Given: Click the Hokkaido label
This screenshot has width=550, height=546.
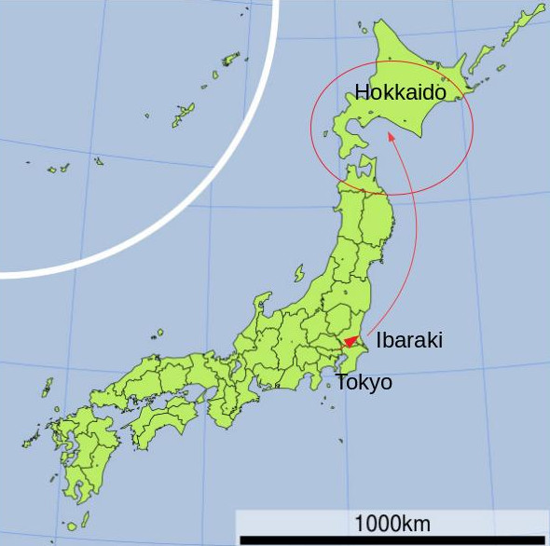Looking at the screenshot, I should tap(406, 91).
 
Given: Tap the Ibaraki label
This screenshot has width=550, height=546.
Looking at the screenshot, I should tap(408, 340).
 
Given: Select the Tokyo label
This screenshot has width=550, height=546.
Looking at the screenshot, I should tap(364, 382).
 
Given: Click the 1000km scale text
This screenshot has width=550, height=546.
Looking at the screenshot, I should tap(392, 522).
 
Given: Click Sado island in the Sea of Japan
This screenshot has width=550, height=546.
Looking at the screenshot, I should tap(299, 273).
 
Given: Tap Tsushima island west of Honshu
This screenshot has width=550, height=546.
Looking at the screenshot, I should tap(47, 386).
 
